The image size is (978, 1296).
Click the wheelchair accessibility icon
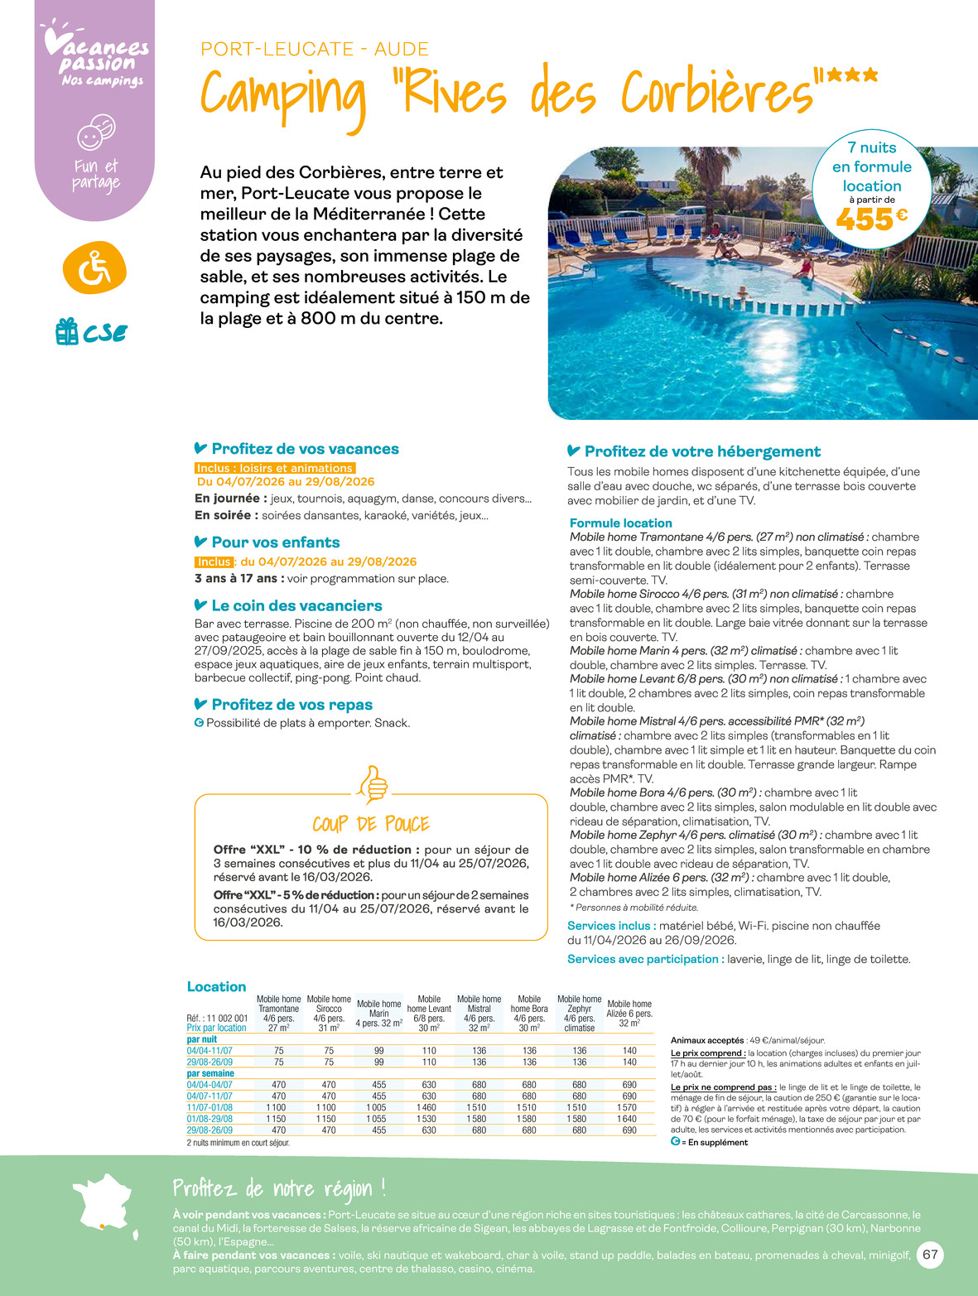click(x=94, y=267)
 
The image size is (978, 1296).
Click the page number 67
click(x=930, y=1255)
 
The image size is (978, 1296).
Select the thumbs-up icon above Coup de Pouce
click(x=372, y=783)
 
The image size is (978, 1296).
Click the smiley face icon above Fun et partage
click(x=95, y=132)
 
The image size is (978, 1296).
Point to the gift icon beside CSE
click(x=66, y=332)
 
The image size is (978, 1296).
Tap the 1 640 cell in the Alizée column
click(x=629, y=1119)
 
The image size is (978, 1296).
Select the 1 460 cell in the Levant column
click(x=429, y=1107)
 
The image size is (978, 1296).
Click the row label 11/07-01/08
click(x=210, y=1107)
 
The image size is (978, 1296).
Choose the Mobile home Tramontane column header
click(x=278, y=1013)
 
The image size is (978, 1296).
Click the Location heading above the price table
click(x=216, y=987)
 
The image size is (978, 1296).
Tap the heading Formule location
click(x=620, y=523)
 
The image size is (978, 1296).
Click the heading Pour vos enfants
click(x=275, y=542)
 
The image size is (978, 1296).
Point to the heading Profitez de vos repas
click(x=291, y=705)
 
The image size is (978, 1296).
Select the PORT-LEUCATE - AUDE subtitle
click(x=315, y=50)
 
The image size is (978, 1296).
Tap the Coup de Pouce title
click(x=371, y=824)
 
